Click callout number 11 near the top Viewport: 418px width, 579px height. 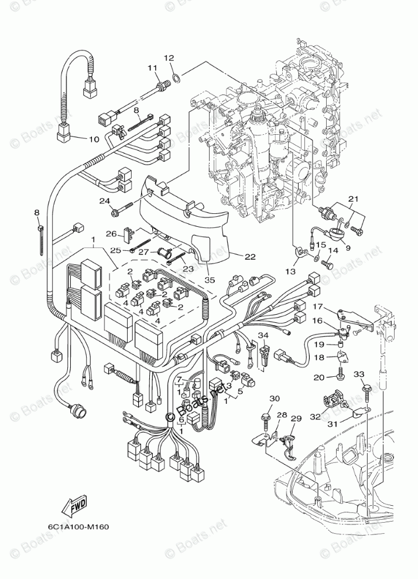click(x=153, y=68)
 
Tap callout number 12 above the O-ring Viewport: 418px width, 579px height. click(x=169, y=58)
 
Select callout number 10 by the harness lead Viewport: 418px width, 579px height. click(x=94, y=139)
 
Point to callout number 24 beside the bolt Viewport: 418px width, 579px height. click(x=105, y=201)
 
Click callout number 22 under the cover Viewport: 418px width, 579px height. click(x=234, y=256)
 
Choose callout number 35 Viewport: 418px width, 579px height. click(x=210, y=280)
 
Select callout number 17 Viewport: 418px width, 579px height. click(x=317, y=306)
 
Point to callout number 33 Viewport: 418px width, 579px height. click(x=359, y=374)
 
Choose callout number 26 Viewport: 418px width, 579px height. click(x=111, y=234)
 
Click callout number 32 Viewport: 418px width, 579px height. click(x=315, y=417)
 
